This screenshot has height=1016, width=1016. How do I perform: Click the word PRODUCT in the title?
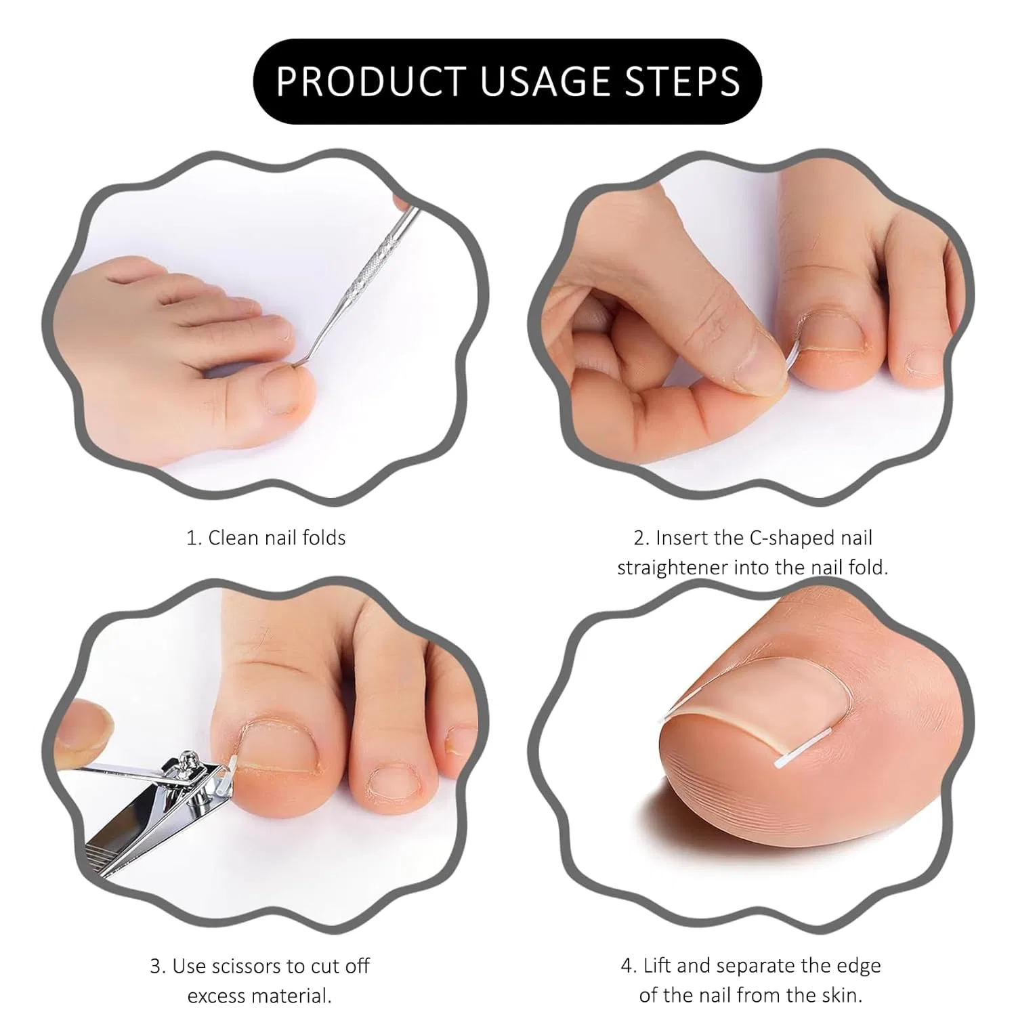(372, 82)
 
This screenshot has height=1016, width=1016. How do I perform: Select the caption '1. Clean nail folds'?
(266, 538)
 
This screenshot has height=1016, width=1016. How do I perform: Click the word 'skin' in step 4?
(844, 995)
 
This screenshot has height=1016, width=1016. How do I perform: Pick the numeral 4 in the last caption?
(626, 965)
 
